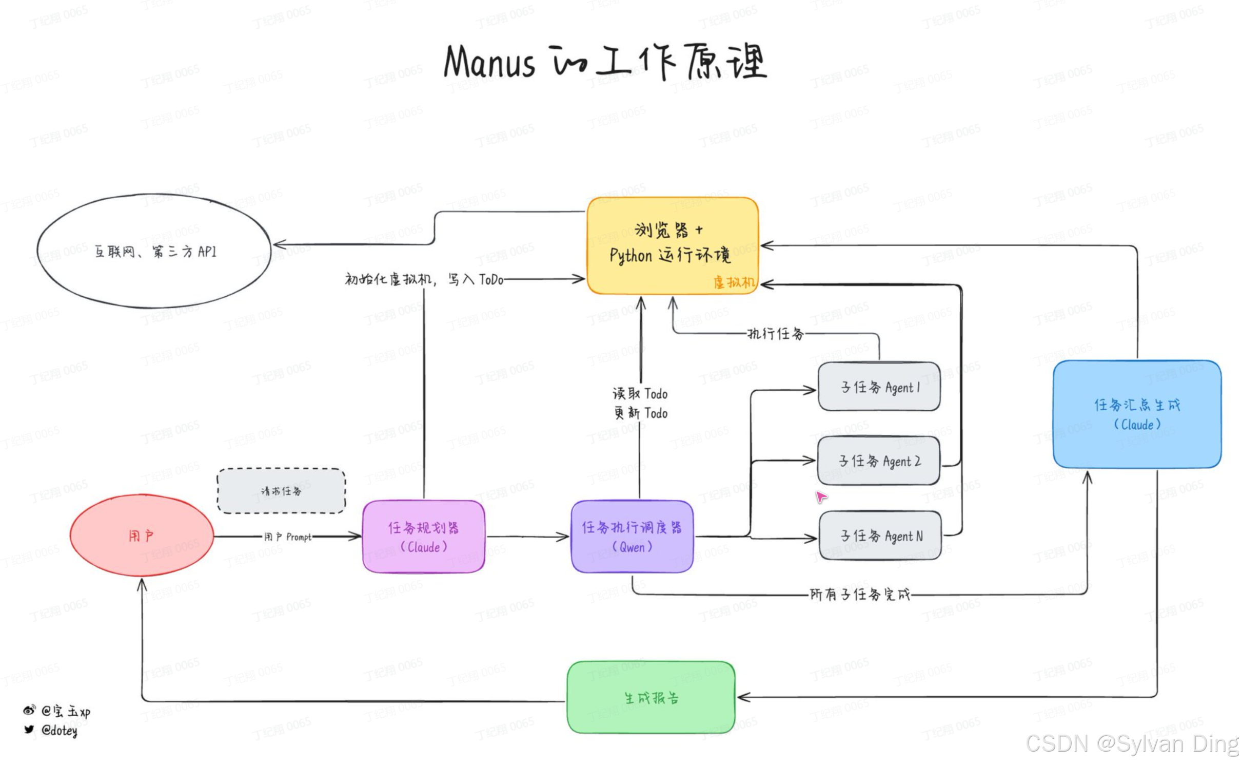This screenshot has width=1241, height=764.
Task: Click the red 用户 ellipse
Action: coord(142,536)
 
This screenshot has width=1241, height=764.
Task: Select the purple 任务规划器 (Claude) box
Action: coord(423,537)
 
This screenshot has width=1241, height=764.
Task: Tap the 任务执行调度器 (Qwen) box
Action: coord(632,537)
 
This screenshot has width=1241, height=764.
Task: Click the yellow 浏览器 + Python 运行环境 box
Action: coord(672,245)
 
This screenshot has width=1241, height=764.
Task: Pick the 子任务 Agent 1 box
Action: coord(879,387)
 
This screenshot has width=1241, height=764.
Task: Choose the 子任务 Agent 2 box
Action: coord(879,461)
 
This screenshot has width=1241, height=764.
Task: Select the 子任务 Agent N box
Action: coord(880,536)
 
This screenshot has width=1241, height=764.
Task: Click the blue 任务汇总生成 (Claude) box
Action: coord(1137,414)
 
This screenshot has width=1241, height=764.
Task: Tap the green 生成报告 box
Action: coord(651,697)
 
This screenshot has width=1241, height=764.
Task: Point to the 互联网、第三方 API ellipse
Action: coord(154,251)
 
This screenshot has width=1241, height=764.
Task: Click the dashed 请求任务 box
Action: coord(281,491)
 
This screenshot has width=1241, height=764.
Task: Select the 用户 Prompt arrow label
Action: coord(288,537)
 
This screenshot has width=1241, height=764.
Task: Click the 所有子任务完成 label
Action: coord(860,595)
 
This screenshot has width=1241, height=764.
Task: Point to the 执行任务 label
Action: coord(775,334)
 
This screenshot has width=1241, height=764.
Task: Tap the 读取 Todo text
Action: coord(640,394)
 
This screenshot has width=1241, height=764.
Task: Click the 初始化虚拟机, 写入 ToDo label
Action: coord(424,279)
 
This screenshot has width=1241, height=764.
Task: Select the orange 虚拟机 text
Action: coord(734,282)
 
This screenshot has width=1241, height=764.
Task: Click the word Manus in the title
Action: coord(489,63)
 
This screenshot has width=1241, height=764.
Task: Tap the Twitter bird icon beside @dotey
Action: coord(29,730)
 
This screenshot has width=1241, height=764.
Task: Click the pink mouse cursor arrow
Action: coord(821,496)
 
